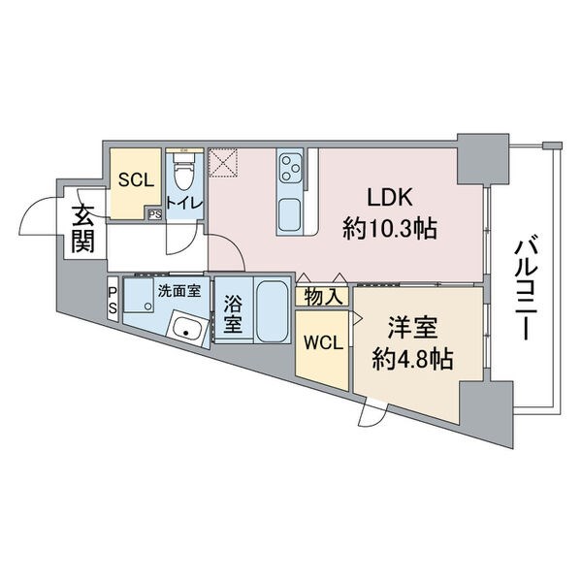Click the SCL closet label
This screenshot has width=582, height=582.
click(136, 180)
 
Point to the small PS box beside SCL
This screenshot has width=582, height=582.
click(155, 214)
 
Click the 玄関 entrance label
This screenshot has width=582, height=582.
click(82, 229)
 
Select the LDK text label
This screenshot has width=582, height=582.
click(389, 198)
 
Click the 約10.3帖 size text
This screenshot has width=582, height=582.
click(389, 229)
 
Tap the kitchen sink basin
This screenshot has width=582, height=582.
click(289, 215)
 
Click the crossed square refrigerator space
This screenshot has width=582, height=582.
click(223, 163)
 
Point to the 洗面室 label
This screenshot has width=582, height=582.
click(179, 291)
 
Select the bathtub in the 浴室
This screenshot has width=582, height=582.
click(273, 311)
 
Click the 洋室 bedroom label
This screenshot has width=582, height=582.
click(412, 328)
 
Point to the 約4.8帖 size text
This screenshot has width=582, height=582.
click(412, 359)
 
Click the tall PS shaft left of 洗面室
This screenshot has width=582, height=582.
click(113, 299)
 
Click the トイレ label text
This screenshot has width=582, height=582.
click(184, 204)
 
